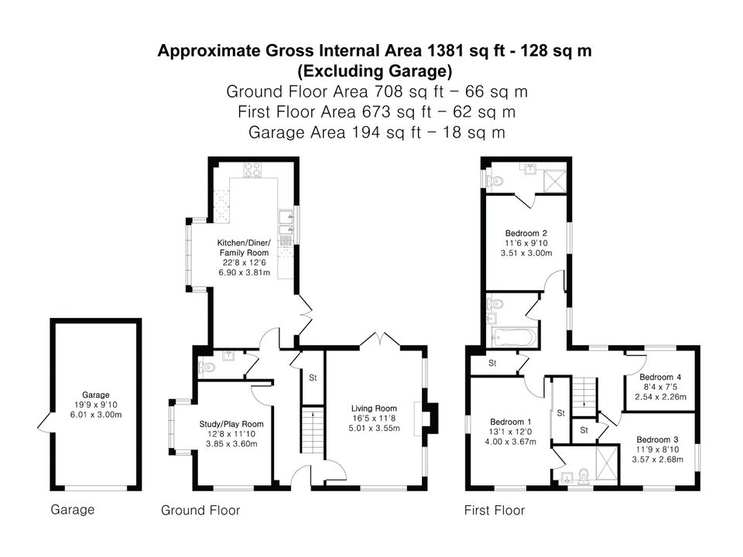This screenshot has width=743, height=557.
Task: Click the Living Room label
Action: click(x=374, y=408)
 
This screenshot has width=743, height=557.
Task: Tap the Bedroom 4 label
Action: click(x=660, y=377)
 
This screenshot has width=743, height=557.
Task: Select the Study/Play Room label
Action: click(x=231, y=425)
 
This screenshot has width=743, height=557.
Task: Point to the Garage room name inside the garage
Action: click(x=96, y=395)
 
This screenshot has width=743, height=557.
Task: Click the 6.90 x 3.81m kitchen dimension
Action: click(x=244, y=272)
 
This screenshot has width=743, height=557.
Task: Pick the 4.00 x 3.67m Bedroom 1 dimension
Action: click(x=510, y=442)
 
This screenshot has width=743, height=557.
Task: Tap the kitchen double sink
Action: click(x=286, y=224)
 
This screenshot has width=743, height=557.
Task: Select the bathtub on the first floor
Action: click(x=514, y=337)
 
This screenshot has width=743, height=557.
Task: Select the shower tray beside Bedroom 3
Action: click(x=607, y=465)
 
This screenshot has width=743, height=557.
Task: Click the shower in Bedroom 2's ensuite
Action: click(x=554, y=181)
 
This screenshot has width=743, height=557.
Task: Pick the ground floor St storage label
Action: click(x=313, y=378)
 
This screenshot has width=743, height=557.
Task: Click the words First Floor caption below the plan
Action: click(x=495, y=510)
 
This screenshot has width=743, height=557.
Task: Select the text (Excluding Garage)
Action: click(x=375, y=71)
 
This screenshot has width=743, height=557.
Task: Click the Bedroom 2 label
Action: click(x=526, y=233)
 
